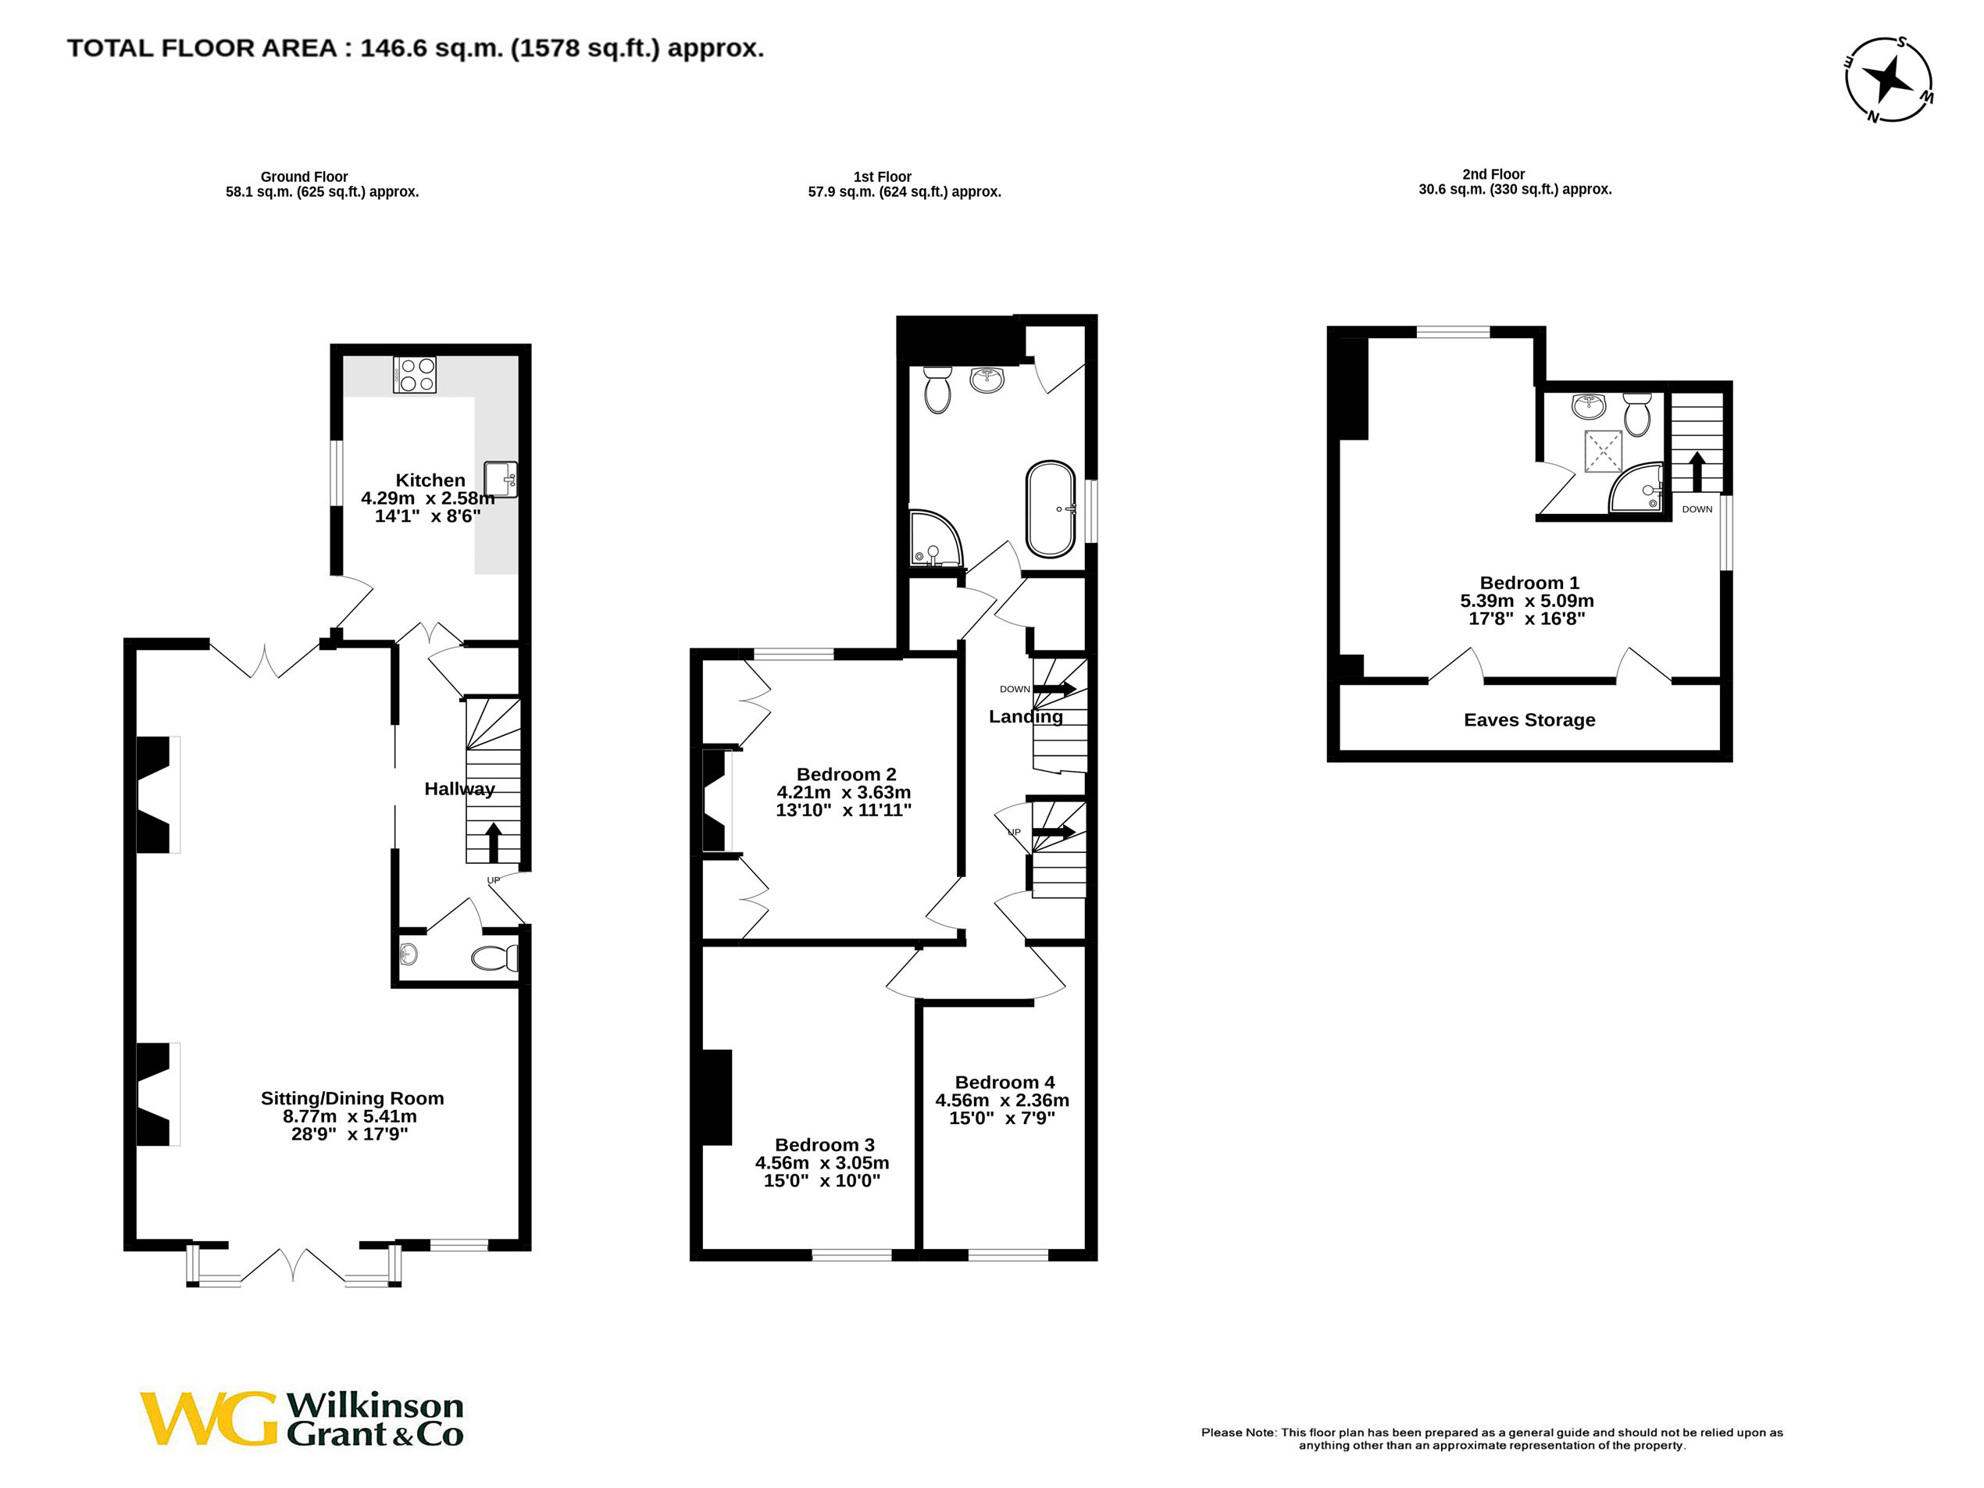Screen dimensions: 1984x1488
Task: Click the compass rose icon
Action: click(x=1888, y=80)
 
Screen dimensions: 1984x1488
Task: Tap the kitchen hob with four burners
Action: click(x=415, y=374)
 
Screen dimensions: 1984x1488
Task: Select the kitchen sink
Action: click(x=501, y=479)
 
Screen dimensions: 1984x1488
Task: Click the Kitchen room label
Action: click(x=430, y=480)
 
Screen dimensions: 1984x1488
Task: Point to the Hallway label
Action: click(x=459, y=789)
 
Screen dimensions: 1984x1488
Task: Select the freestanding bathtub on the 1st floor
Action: click(x=1051, y=509)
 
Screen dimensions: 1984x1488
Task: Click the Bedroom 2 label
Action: click(x=846, y=774)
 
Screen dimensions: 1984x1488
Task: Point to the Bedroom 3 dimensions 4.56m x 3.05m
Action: click(x=822, y=1163)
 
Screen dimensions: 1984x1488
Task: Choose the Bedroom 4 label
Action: click(x=1004, y=1083)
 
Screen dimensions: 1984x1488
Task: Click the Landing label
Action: click(x=1026, y=716)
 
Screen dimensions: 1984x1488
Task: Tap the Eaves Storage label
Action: click(x=1529, y=720)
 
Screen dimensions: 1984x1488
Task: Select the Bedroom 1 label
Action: click(x=1529, y=583)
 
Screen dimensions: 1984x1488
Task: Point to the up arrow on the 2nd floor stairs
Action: click(x=1697, y=471)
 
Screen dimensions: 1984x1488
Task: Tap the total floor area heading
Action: click(x=416, y=48)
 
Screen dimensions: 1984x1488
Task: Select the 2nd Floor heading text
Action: click(x=1493, y=174)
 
